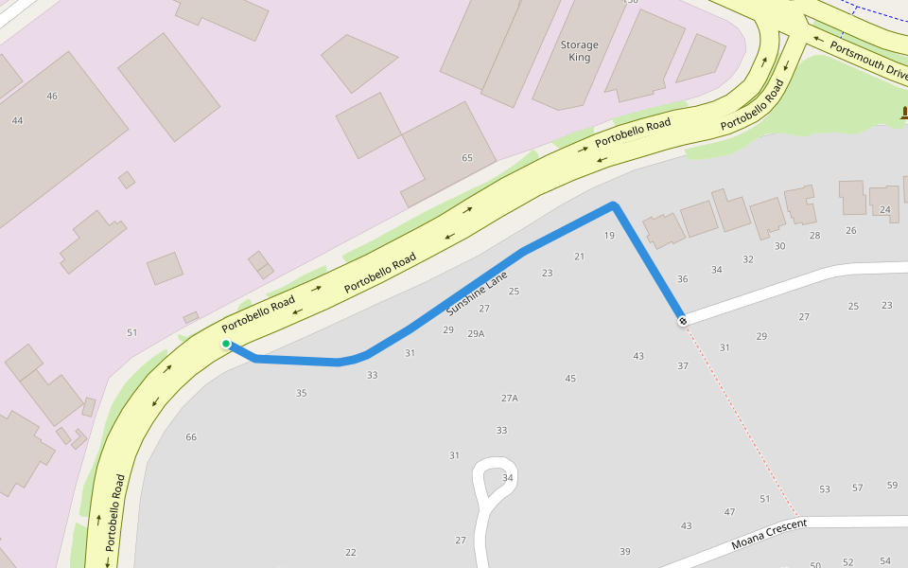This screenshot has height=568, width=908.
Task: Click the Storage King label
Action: tap(579, 51)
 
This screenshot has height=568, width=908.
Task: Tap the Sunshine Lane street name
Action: tap(477, 293)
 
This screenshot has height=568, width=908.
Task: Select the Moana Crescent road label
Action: tap(768, 535)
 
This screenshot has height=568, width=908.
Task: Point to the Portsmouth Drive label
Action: tap(868, 60)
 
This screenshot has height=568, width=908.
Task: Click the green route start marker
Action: tap(226, 344)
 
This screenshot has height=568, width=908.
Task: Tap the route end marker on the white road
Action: tap(682, 321)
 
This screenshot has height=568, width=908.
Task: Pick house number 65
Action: tap(466, 158)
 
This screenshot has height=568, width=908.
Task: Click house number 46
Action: tap(52, 96)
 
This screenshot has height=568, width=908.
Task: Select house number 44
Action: tap(17, 120)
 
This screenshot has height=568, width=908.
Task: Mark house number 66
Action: tap(191, 436)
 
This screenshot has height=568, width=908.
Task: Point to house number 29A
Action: tap(476, 333)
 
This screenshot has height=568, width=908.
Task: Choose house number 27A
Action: tap(510, 399)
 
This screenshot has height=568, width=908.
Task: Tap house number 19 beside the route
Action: tap(609, 236)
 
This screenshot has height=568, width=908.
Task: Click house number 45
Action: tap(570, 379)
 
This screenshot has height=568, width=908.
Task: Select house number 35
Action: tap(301, 393)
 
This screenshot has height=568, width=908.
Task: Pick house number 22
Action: tap(351, 552)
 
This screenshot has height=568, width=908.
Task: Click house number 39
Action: tap(624, 551)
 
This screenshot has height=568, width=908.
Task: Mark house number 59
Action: tap(892, 486)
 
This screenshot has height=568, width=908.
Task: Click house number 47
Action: tap(729, 512)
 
